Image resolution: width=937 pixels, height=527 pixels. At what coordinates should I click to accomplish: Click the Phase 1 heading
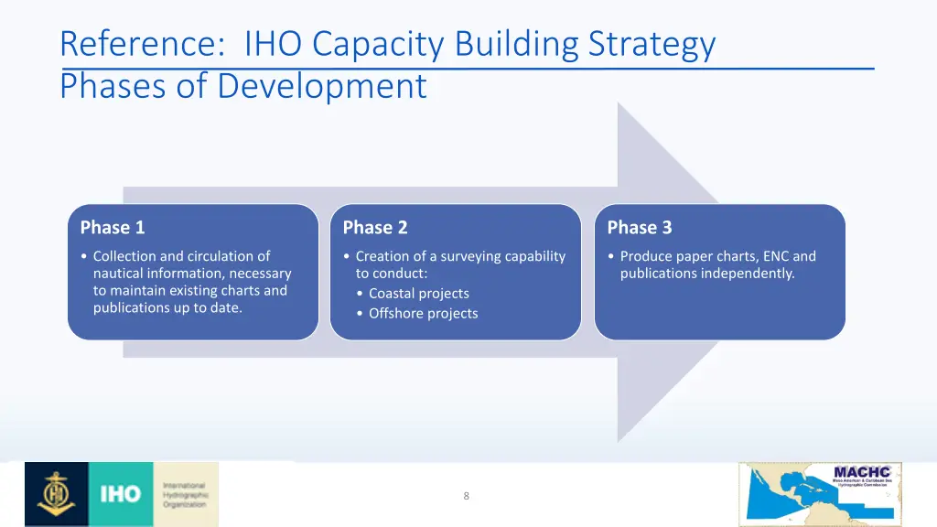pos(112,227)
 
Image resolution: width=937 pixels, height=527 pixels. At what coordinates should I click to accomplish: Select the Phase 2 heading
pos(374,227)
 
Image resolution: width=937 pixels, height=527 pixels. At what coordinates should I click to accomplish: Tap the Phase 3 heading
pos(639,227)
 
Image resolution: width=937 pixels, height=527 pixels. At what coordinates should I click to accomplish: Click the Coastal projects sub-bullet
pos(418,294)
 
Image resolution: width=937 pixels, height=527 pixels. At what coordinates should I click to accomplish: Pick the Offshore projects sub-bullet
pos(423,314)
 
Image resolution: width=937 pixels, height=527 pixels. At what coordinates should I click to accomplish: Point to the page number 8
pos(467,496)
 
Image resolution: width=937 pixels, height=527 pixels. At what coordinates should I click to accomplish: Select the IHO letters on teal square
pos(120,494)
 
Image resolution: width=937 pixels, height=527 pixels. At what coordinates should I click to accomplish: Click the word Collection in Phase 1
pos(124,256)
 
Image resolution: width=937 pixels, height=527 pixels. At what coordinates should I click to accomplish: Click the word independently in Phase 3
pos(749,274)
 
